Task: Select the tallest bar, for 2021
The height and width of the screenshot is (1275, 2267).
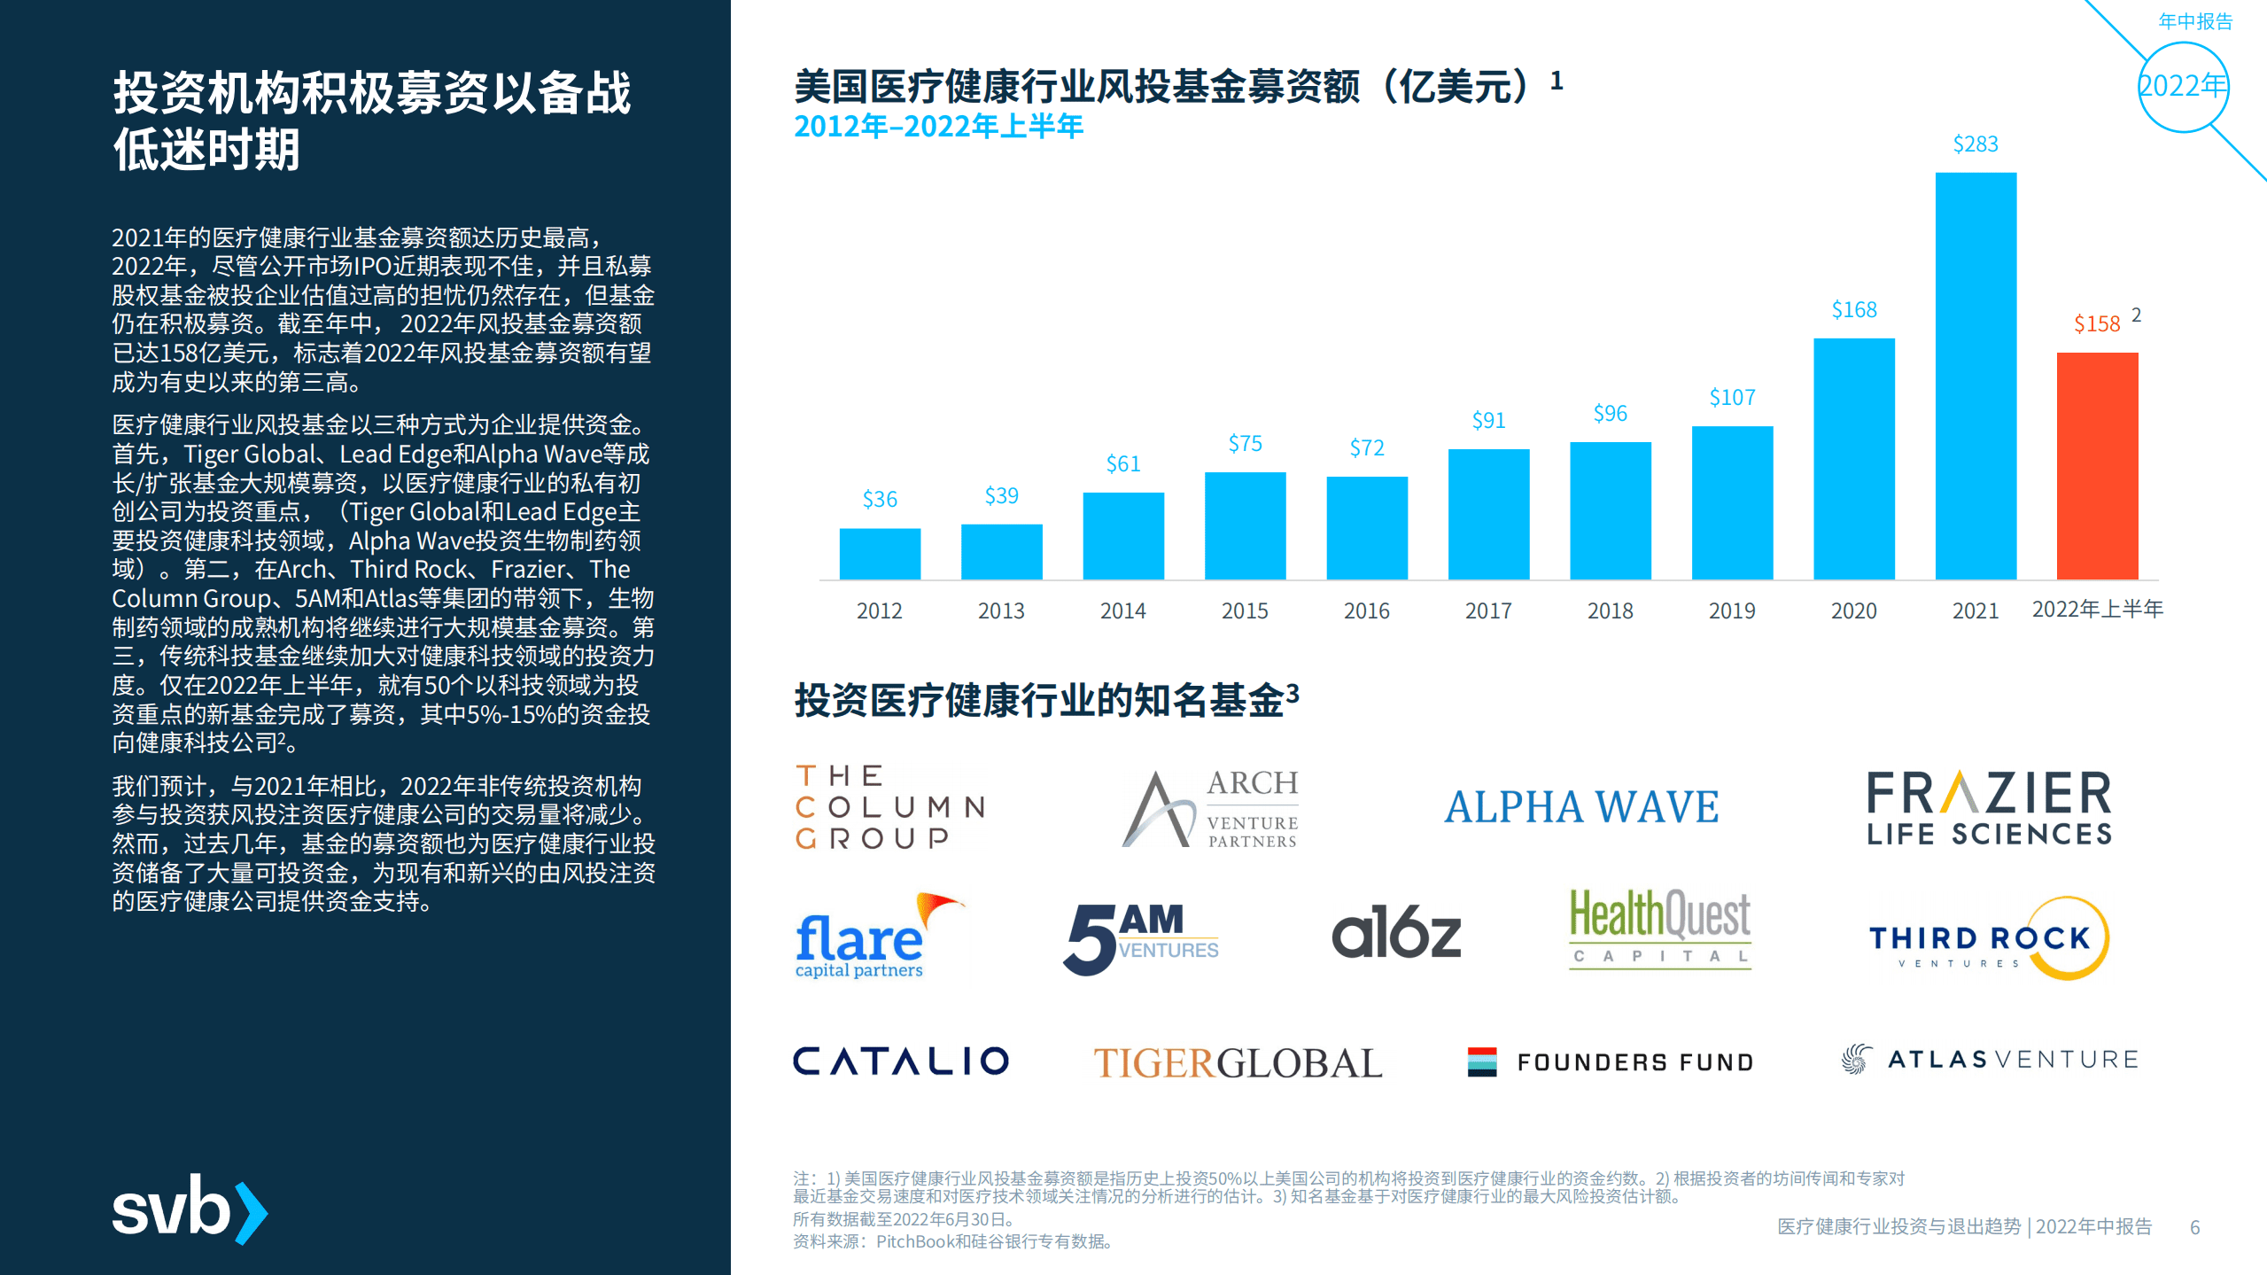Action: click(x=1976, y=376)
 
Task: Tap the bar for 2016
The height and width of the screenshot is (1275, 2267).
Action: click(x=1366, y=528)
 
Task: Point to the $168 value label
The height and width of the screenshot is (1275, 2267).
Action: click(x=1854, y=310)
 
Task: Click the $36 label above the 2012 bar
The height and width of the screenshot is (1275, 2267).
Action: click(x=880, y=500)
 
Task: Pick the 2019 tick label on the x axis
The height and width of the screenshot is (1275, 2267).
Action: click(x=1732, y=610)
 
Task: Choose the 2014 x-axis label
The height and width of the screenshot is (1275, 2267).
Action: click(x=1122, y=610)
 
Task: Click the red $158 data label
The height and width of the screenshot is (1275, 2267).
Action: click(x=2097, y=324)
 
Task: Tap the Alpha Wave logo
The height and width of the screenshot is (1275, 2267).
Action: click(x=1581, y=807)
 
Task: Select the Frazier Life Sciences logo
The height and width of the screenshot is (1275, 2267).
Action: click(x=1989, y=807)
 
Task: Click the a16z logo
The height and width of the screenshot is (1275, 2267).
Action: click(x=1396, y=933)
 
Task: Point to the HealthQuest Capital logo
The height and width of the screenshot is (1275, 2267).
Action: click(x=1659, y=929)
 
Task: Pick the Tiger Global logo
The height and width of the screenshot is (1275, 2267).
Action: click(x=1238, y=1062)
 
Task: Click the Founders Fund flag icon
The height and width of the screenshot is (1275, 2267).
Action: click(x=1481, y=1061)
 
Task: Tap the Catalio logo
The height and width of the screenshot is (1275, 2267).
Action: click(x=900, y=1061)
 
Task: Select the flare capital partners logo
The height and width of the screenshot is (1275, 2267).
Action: click(x=873, y=937)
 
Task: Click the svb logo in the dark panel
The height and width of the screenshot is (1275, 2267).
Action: click(x=190, y=1209)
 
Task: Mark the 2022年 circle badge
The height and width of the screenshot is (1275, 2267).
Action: click(x=2182, y=87)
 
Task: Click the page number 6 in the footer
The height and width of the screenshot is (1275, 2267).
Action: click(x=2194, y=1227)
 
